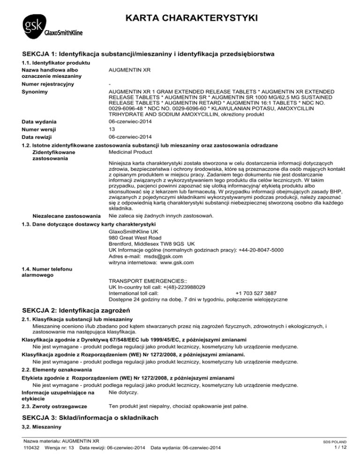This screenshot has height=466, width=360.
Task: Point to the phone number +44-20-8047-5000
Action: click(x=257, y=250)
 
